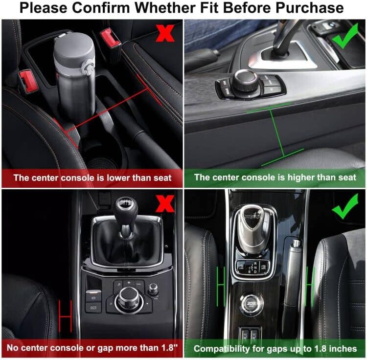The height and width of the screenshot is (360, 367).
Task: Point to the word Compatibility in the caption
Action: tap(221, 348)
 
